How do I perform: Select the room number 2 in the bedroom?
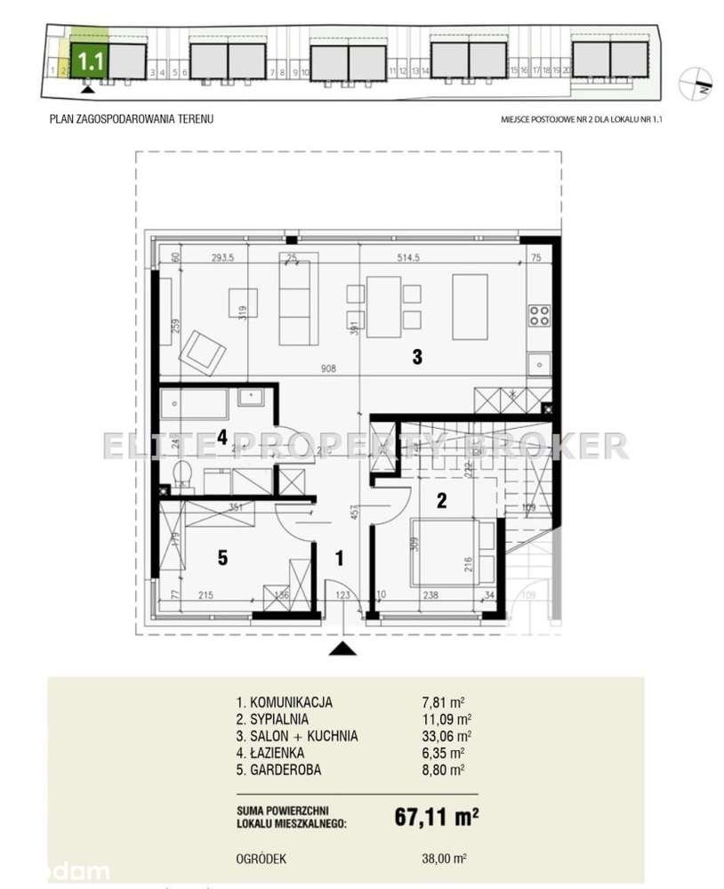coord(440,501)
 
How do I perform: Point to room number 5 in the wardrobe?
coord(223,558)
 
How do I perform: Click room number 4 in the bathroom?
coord(223,437)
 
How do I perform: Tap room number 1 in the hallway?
coord(338,558)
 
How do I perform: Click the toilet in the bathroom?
coord(181,474)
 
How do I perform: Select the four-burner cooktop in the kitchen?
coord(539,313)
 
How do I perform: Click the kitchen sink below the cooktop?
coord(538,364)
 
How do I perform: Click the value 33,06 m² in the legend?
coord(452,736)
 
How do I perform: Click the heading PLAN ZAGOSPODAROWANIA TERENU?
coord(132,117)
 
